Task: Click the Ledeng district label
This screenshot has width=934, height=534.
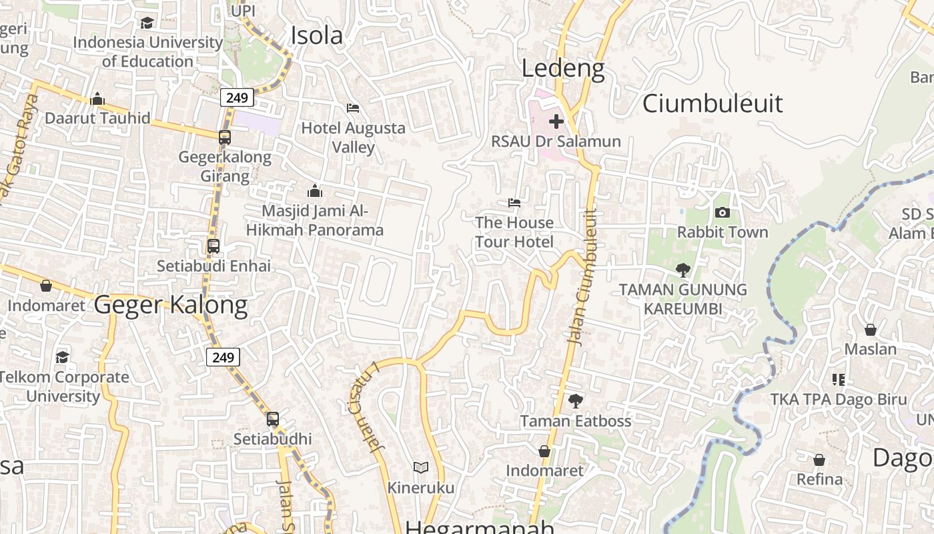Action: click(563, 68)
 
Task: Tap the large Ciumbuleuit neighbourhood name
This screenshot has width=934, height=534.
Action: click(713, 103)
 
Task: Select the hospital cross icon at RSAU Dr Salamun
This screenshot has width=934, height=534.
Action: click(556, 121)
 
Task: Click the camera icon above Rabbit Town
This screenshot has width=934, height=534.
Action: click(722, 213)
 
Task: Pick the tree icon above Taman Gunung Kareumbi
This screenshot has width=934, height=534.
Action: click(682, 270)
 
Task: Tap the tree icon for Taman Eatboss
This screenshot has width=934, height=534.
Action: click(575, 401)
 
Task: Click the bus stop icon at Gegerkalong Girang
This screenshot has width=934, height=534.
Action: click(225, 138)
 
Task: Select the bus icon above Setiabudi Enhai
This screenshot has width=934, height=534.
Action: click(213, 246)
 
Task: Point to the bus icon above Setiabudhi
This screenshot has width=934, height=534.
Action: click(272, 419)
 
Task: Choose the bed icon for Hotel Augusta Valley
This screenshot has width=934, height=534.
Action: click(353, 108)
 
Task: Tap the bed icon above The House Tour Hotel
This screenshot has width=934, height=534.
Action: click(514, 203)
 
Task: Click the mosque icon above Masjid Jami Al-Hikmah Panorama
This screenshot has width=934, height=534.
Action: click(315, 192)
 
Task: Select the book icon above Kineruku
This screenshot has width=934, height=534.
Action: click(420, 467)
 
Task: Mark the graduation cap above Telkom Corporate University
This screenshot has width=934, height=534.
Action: click(62, 357)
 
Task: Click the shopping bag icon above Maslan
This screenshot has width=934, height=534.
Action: click(870, 330)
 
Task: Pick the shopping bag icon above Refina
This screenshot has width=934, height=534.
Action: click(819, 460)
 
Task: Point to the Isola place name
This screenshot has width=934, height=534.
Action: click(317, 36)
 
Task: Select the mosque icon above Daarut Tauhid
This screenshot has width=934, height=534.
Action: click(97, 99)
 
